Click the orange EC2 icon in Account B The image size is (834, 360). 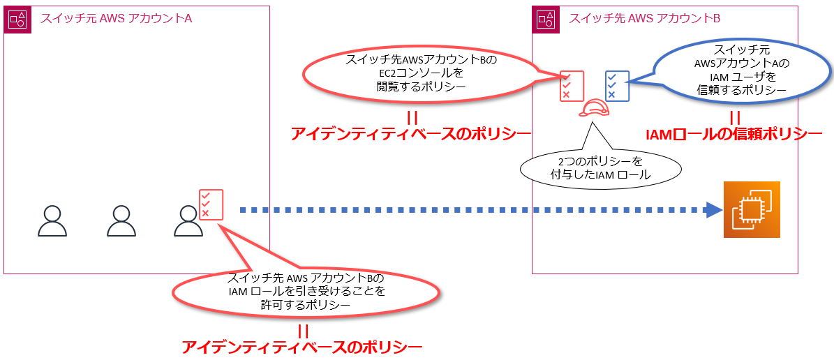[751, 210]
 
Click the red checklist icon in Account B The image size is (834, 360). [571, 86]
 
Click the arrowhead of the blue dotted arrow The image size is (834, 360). [713, 209]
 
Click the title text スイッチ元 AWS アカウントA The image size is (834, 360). [116, 19]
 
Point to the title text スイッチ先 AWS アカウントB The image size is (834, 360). [644, 19]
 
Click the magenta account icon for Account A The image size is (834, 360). [17, 20]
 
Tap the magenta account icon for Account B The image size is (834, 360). [545, 20]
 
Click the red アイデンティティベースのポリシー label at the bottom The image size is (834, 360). [302, 346]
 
